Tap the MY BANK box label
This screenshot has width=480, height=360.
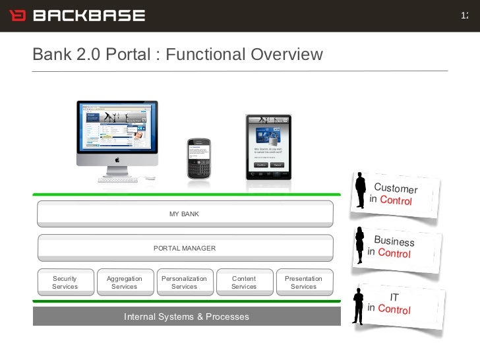pos(184,214)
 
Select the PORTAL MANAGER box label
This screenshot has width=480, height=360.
pos(184,248)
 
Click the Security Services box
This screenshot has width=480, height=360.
pos(65,282)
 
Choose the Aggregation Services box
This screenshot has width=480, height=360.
pos(125,282)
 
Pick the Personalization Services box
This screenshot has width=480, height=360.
pos(184,282)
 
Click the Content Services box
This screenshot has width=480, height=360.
pos(244,282)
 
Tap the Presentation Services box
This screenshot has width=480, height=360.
pos(303,282)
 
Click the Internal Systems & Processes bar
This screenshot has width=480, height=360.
pos(187,316)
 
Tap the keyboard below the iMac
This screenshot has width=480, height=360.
pos(119,179)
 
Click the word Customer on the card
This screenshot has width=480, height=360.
pos(396,189)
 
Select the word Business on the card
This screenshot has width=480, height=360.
pos(394,241)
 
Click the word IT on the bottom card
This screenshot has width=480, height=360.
pos(394,297)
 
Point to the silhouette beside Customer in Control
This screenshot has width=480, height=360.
pos(360,191)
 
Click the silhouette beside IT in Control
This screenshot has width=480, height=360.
pos(358,305)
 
